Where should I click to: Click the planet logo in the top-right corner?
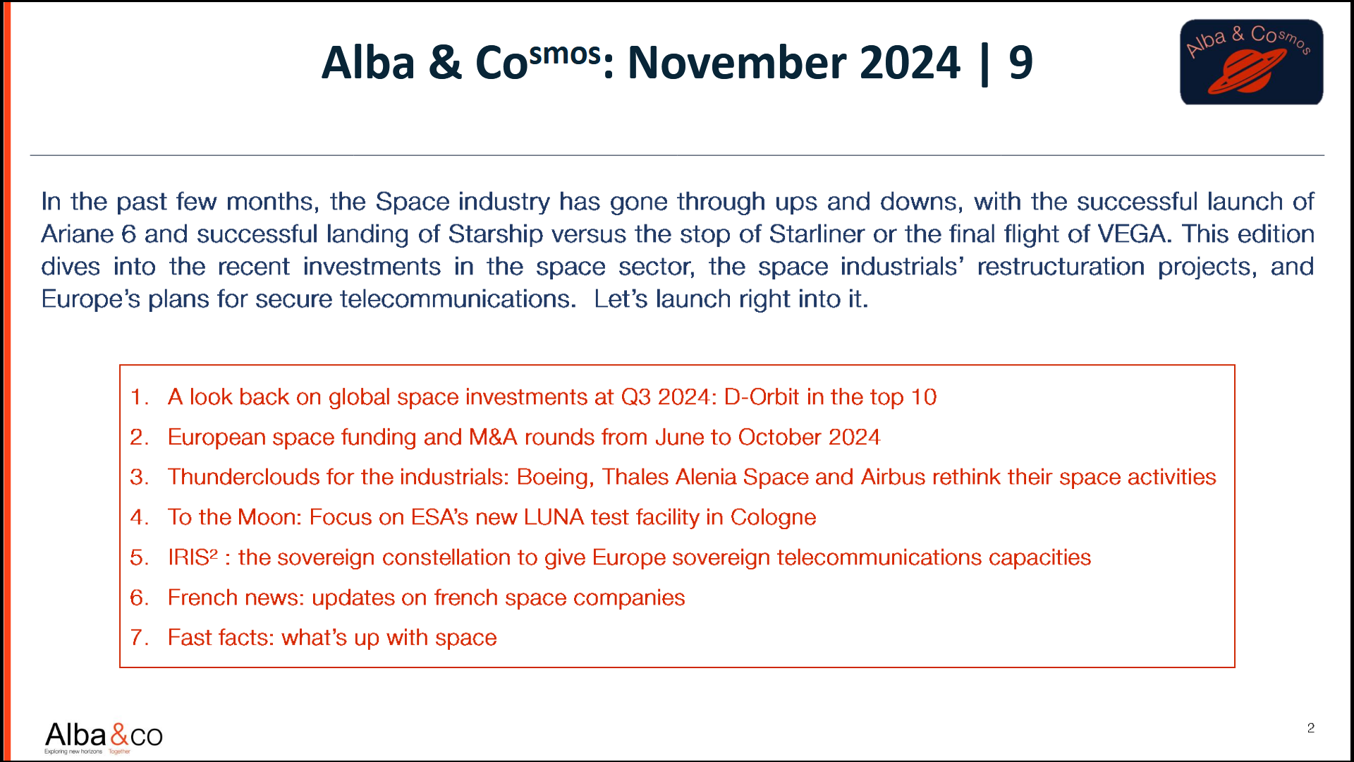point(1251,62)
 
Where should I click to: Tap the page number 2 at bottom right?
point(1310,728)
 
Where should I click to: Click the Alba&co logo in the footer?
point(104,737)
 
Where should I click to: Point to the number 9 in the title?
point(1020,62)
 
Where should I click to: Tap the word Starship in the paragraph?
point(496,234)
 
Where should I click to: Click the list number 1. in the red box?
point(139,397)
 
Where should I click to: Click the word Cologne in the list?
point(773,517)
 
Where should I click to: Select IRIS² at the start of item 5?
point(192,557)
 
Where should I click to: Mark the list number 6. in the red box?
point(139,598)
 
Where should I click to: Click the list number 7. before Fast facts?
point(139,638)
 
